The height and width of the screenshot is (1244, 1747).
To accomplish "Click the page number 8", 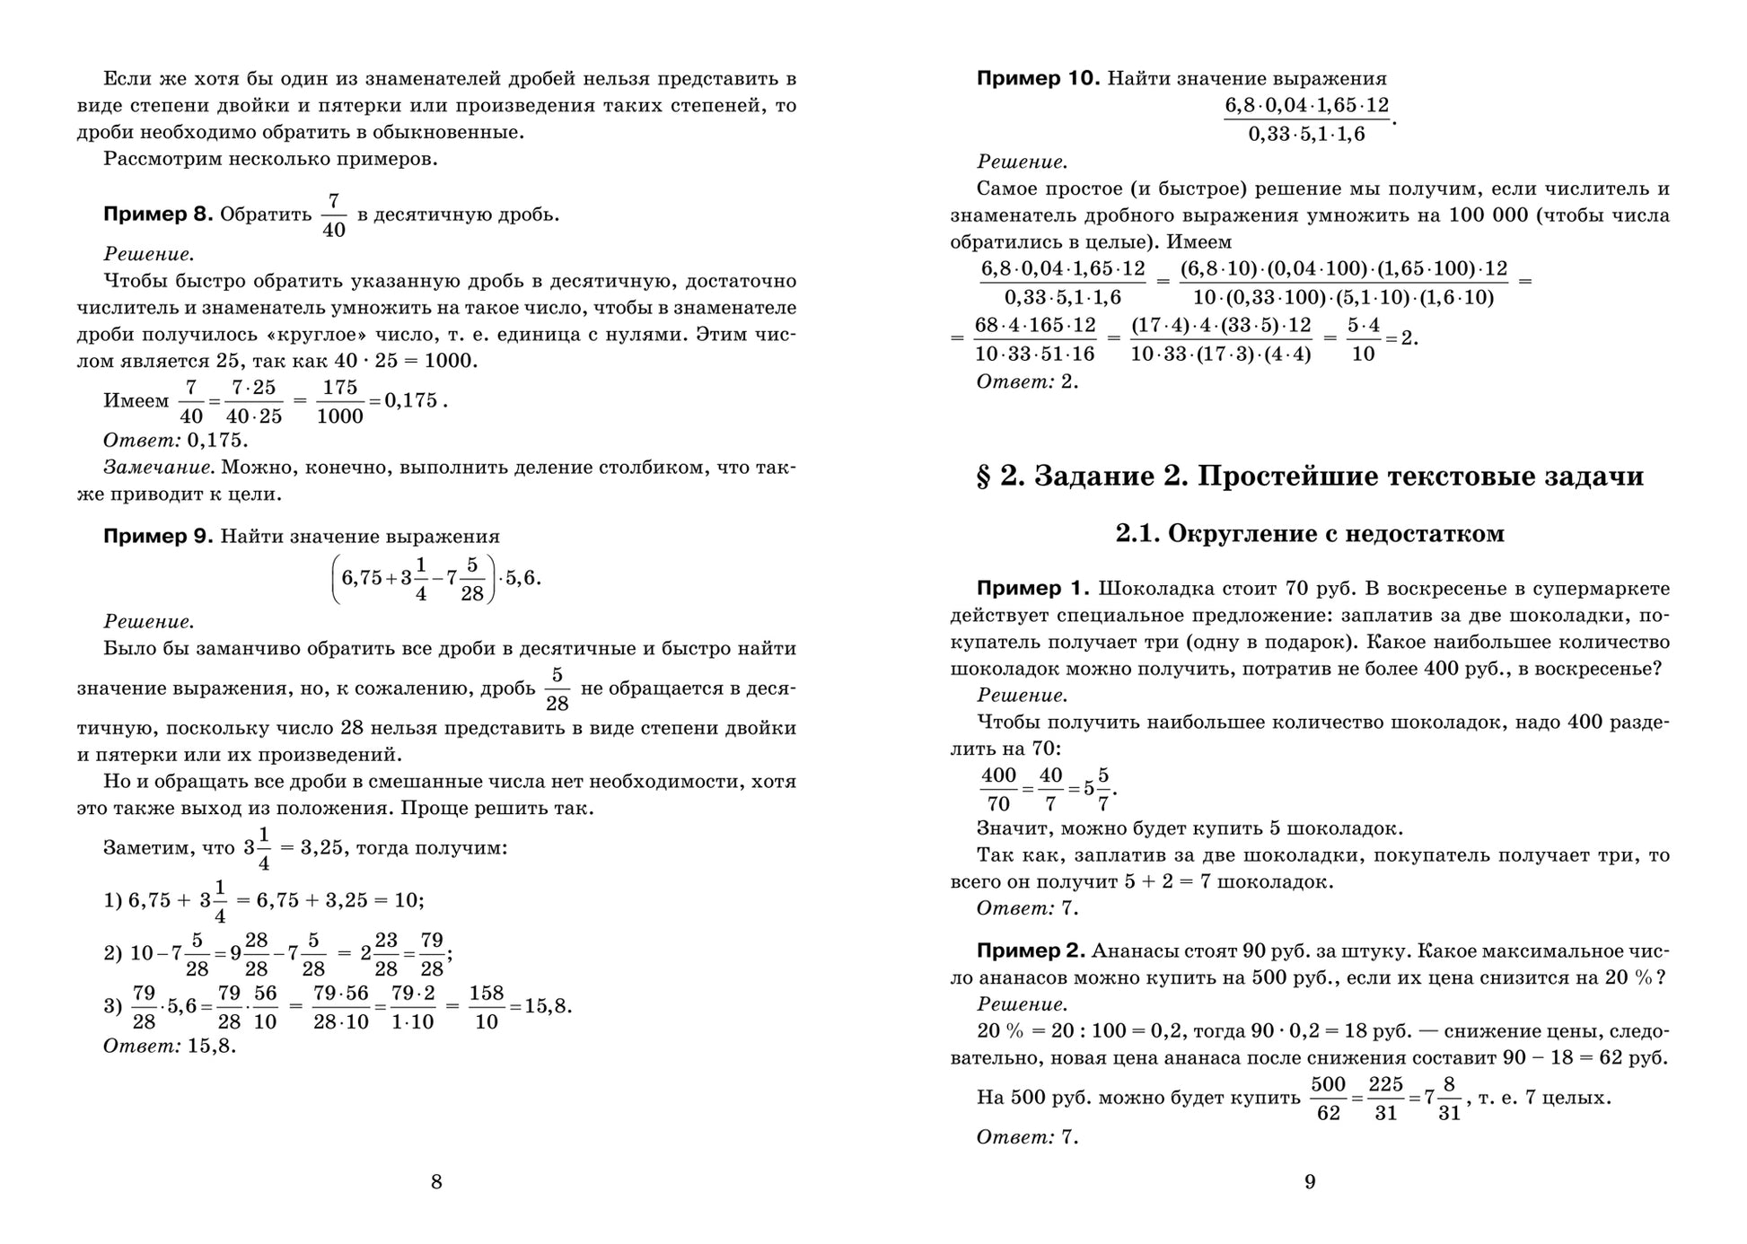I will (x=436, y=1182).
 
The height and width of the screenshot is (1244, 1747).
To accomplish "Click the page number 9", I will (x=1310, y=1182).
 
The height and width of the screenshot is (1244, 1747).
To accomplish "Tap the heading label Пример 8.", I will (x=158, y=215).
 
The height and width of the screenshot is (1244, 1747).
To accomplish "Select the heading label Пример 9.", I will (x=158, y=537).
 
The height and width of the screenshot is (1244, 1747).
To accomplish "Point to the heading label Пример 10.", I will (x=1038, y=78).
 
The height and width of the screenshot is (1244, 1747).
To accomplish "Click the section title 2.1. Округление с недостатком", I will (x=1310, y=534).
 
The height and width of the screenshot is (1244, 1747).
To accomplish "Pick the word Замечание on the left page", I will (x=158, y=468).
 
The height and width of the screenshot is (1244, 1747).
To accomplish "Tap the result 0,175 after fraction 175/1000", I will (x=411, y=400).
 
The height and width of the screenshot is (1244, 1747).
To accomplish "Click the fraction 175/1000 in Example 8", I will (x=339, y=401).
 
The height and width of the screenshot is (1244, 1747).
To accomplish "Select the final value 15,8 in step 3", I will (x=548, y=1006).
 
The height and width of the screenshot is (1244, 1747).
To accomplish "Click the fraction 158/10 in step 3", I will (x=486, y=1007).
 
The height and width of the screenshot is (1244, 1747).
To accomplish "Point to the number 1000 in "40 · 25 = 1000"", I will (x=454, y=361).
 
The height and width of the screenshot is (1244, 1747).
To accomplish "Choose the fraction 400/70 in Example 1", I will (x=998, y=789).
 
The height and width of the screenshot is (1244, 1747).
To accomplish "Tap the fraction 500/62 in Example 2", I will (x=1328, y=1099).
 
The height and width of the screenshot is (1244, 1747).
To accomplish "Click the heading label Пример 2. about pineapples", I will (x=1032, y=951).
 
